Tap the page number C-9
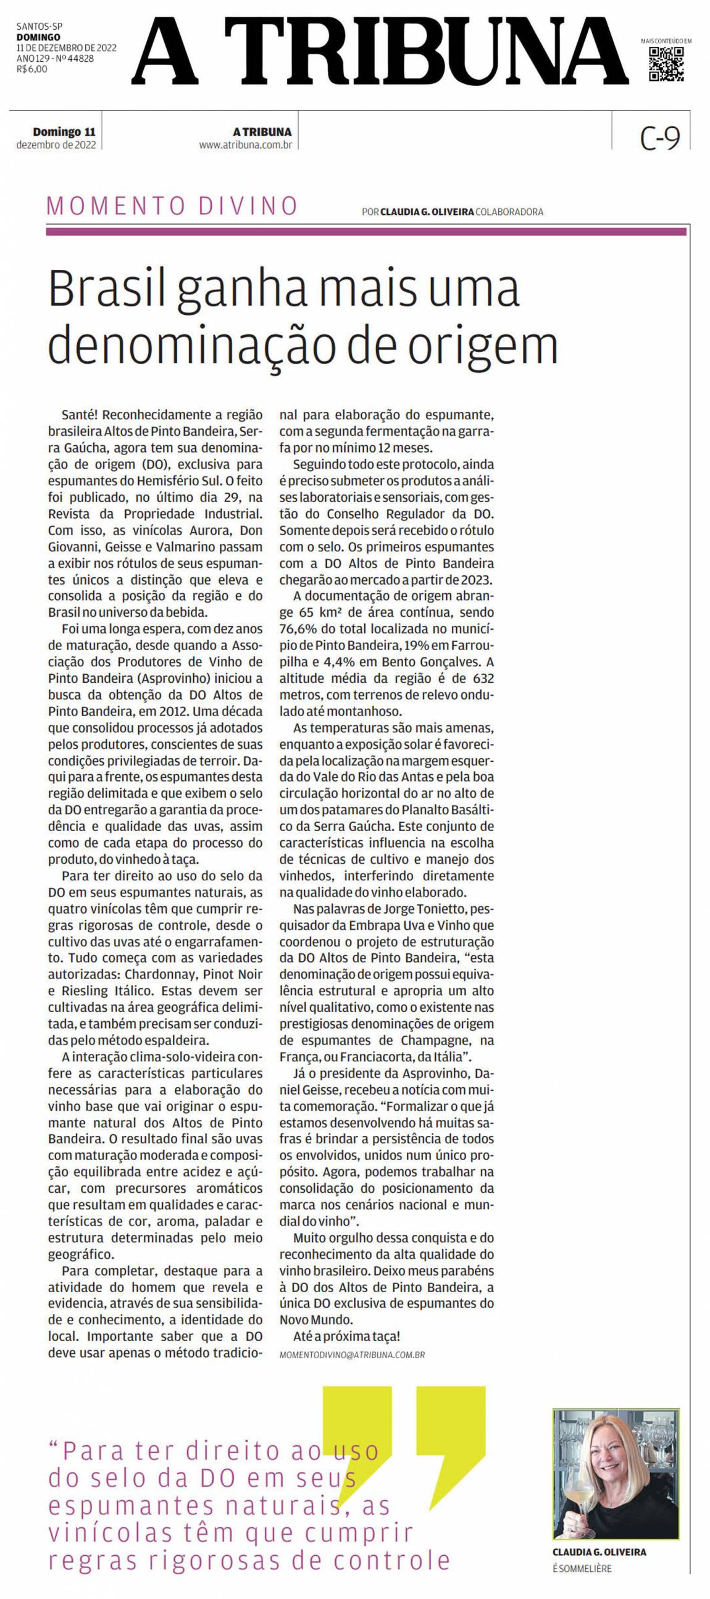tap(660, 138)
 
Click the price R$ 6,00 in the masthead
tap(31, 69)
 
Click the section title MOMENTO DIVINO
tap(172, 206)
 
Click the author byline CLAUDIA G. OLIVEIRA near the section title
tap(427, 212)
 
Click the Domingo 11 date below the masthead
tap(64, 132)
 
